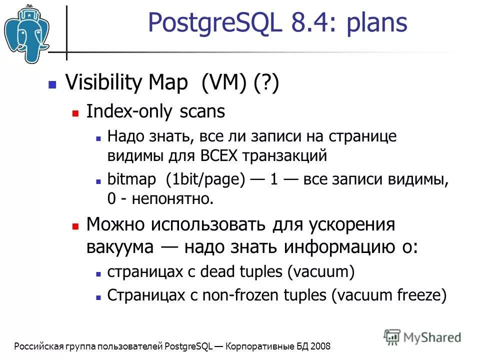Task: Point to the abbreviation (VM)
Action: click(x=223, y=83)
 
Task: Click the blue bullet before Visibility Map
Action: click(x=51, y=84)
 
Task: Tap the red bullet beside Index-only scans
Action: click(x=75, y=113)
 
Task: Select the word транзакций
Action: click(x=285, y=155)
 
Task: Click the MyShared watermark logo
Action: click(x=423, y=337)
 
